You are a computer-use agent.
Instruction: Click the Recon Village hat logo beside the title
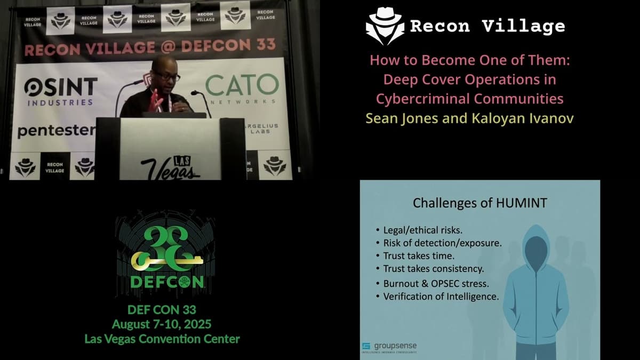click(385, 26)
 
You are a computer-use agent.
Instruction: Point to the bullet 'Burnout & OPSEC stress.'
click(436, 283)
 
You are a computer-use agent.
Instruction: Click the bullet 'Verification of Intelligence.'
click(441, 296)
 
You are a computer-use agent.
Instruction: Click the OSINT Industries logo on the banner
click(60, 90)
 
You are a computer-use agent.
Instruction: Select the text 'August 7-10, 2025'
click(162, 324)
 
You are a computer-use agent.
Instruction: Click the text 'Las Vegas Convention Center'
click(162, 338)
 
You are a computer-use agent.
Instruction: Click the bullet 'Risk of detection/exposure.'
click(442, 243)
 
